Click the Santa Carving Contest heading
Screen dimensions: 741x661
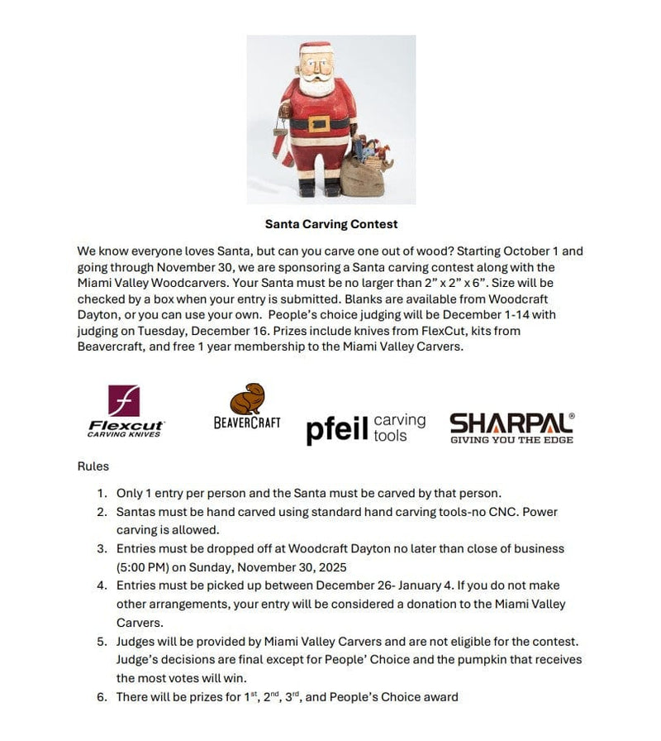click(x=330, y=224)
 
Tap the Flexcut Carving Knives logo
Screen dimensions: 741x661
click(x=126, y=412)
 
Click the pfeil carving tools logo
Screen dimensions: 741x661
click(x=365, y=428)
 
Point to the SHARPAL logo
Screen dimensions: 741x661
click(x=511, y=427)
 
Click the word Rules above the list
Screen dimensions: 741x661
click(x=93, y=466)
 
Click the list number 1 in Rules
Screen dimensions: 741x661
click(x=102, y=494)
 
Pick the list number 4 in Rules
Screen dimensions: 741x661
click(x=102, y=586)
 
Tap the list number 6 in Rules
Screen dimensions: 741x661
click(x=102, y=697)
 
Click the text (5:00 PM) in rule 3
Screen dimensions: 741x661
click(x=144, y=567)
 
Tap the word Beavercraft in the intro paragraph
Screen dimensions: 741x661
click(x=111, y=347)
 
